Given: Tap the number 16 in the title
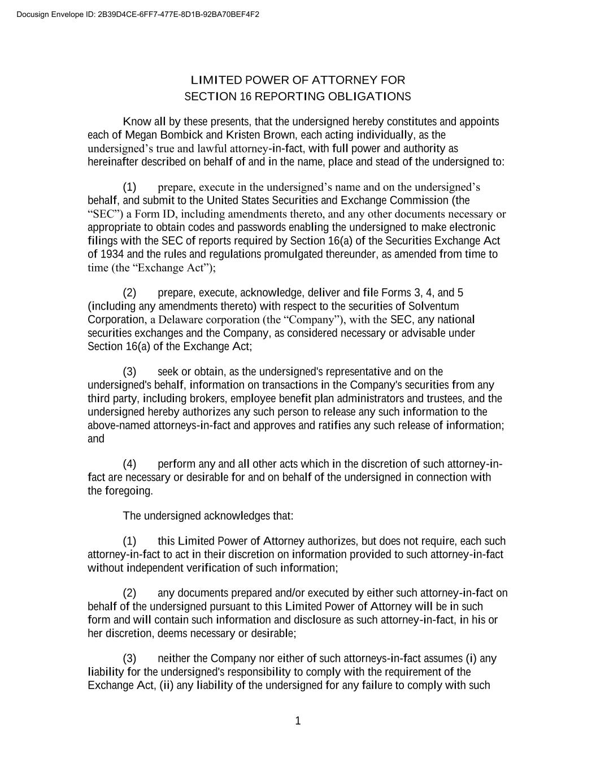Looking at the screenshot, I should click(x=245, y=96).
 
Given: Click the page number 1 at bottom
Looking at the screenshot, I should click(x=298, y=721).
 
